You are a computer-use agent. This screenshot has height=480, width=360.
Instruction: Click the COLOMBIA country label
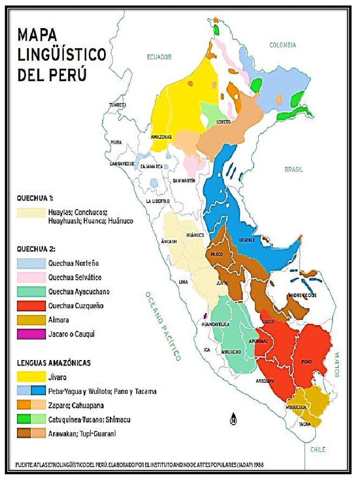(283, 45)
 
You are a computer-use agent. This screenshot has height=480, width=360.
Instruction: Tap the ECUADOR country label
(159, 57)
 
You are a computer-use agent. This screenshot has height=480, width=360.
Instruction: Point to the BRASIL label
(294, 169)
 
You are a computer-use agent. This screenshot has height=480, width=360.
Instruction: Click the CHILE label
(317, 449)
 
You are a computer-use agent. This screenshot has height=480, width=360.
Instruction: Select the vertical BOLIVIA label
(337, 365)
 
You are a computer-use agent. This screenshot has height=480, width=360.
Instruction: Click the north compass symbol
(232, 420)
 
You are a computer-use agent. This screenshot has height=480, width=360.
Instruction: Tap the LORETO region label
(224, 122)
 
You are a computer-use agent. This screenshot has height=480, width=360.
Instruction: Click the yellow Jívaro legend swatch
(31, 376)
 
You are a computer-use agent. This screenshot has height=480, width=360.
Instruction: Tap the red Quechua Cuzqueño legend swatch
(31, 306)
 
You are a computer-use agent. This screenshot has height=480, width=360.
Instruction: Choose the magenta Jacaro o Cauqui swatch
(31, 335)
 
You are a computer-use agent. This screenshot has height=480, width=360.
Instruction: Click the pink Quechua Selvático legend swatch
(31, 277)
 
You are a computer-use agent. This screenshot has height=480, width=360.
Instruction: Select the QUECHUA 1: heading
(35, 198)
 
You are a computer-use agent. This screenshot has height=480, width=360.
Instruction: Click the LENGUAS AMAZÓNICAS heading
(54, 363)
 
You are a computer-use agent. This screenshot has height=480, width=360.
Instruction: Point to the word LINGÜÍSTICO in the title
(62, 55)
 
